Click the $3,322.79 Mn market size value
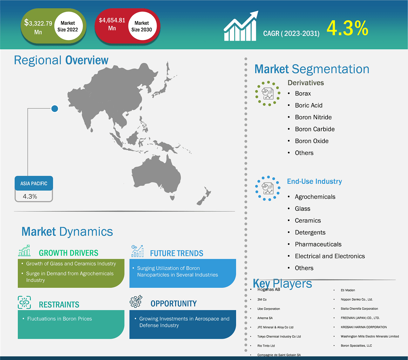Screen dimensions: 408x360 38,27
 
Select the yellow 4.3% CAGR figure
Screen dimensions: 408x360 347,28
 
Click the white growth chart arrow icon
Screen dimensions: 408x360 241,26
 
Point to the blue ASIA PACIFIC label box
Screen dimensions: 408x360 34,183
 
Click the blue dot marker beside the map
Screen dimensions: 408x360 55,109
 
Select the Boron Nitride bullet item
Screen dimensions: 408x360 313,117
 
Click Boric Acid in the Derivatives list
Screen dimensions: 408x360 309,105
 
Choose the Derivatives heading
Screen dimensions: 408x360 306,83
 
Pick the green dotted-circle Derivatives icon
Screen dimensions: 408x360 268,93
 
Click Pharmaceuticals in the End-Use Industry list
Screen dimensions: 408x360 318,244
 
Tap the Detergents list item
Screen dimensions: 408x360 310,232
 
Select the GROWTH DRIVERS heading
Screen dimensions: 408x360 68,253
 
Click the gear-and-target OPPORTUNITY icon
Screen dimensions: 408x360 136,301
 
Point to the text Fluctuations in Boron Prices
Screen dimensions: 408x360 60,319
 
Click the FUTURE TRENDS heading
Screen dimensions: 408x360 177,253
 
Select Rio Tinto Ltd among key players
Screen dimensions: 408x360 266,346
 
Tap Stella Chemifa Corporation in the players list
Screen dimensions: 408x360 359,308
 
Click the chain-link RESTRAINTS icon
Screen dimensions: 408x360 24,302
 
